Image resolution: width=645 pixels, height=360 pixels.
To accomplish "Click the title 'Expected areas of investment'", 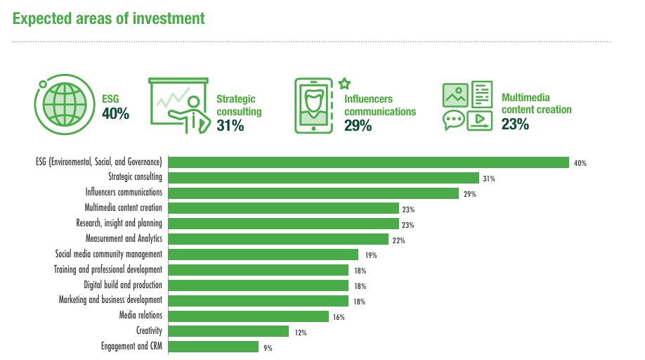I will pyautogui.click(x=109, y=18).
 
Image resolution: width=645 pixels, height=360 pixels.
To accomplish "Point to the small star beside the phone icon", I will pyautogui.click(x=344, y=83).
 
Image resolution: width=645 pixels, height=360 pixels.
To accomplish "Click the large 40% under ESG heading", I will pyautogui.click(x=115, y=114).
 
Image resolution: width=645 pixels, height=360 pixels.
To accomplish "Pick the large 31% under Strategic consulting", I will pyautogui.click(x=230, y=126).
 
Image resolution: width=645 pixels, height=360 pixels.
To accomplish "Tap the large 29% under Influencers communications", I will pyautogui.click(x=358, y=126).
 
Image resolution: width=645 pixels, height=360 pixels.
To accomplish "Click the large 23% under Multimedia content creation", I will pyautogui.click(x=515, y=124).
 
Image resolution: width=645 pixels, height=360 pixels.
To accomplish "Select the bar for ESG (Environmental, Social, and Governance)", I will pyautogui.click(x=369, y=162).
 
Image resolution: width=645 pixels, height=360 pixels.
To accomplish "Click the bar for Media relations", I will pyautogui.click(x=249, y=316).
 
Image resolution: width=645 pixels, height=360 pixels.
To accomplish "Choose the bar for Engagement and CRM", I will pyautogui.click(x=214, y=347).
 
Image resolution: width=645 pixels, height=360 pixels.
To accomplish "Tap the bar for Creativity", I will pyautogui.click(x=229, y=331).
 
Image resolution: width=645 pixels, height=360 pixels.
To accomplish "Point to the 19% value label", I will pyautogui.click(x=371, y=255).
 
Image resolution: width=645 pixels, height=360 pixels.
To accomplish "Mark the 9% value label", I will pyautogui.click(x=268, y=347).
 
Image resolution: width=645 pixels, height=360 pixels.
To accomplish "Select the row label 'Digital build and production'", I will pyautogui.click(x=123, y=285).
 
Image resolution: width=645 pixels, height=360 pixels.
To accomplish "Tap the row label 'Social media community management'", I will pyautogui.click(x=109, y=254).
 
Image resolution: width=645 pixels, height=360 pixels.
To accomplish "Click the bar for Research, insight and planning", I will pyautogui.click(x=284, y=224).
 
